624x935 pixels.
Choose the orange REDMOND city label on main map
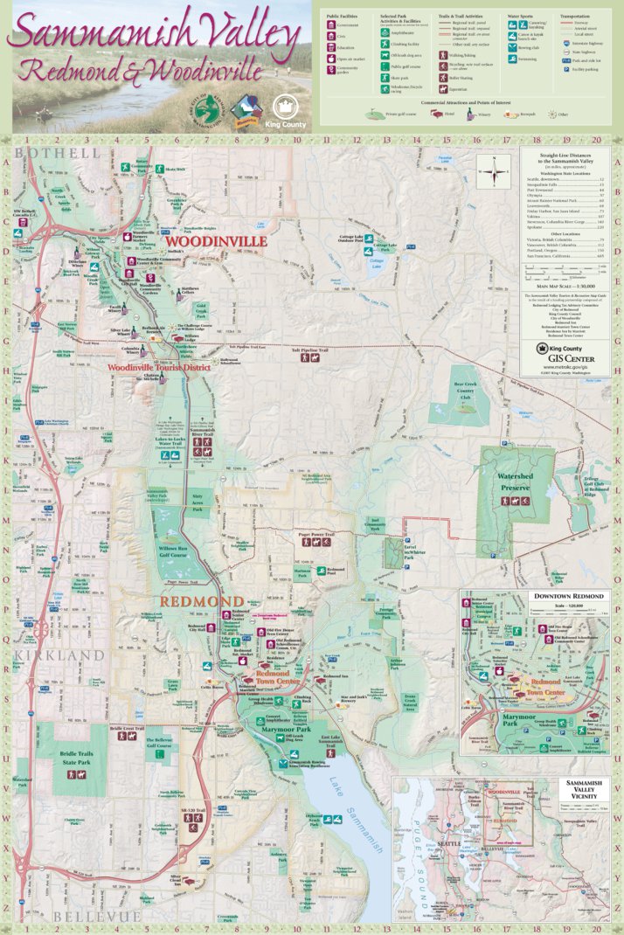[200, 602]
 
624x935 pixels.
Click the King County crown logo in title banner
[287, 107]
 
